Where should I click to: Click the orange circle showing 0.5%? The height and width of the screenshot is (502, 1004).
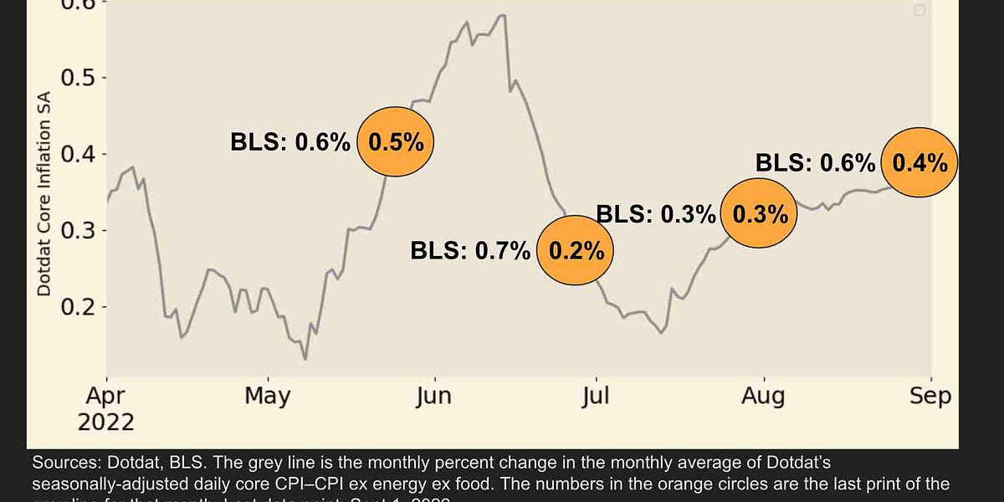coord(397,142)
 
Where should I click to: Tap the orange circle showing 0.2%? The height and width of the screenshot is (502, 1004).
coord(574,250)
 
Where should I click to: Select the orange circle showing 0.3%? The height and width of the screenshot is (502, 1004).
coord(760,214)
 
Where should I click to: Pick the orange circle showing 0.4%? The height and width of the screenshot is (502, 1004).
coord(919,162)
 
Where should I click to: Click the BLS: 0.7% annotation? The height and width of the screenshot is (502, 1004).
coord(470,250)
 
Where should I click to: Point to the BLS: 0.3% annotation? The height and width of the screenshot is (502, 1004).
coord(656,214)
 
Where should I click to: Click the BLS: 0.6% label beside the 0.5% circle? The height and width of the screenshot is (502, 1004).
coord(290,142)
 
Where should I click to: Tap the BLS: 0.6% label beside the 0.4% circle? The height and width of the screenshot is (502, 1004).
coord(816,162)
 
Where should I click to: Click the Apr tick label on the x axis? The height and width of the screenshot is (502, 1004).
coord(107,396)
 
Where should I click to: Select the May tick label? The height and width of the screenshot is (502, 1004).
coord(268,396)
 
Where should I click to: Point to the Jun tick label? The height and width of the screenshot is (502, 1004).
coord(433,396)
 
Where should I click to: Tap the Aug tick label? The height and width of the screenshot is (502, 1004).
coord(763,396)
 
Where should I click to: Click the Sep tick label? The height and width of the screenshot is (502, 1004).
coord(931,396)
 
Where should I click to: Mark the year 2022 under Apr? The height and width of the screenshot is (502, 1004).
coord(107,422)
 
